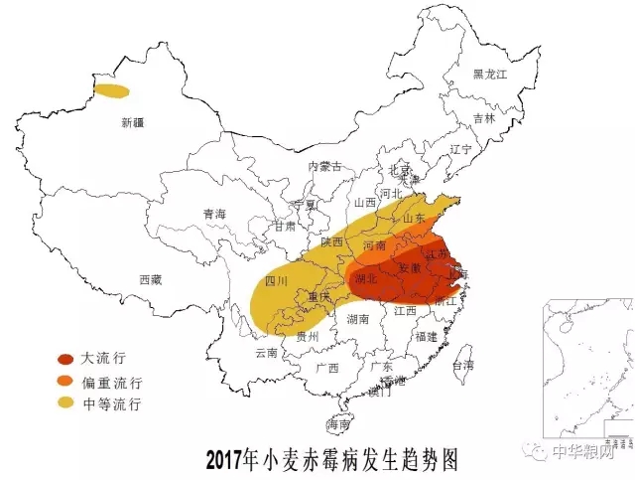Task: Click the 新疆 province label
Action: click(x=132, y=123)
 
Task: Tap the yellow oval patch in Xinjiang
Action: click(x=111, y=91)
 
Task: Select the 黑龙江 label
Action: click(x=489, y=74)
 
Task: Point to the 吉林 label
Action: click(x=483, y=117)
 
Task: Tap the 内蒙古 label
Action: click(x=324, y=166)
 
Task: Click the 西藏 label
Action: click(x=150, y=280)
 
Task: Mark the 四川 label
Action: click(x=277, y=281)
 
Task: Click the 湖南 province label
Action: click(x=358, y=319)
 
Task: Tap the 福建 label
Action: click(x=427, y=336)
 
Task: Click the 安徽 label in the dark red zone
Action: click(x=411, y=268)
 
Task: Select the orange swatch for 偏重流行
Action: click(x=65, y=382)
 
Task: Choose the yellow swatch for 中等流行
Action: click(x=65, y=403)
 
